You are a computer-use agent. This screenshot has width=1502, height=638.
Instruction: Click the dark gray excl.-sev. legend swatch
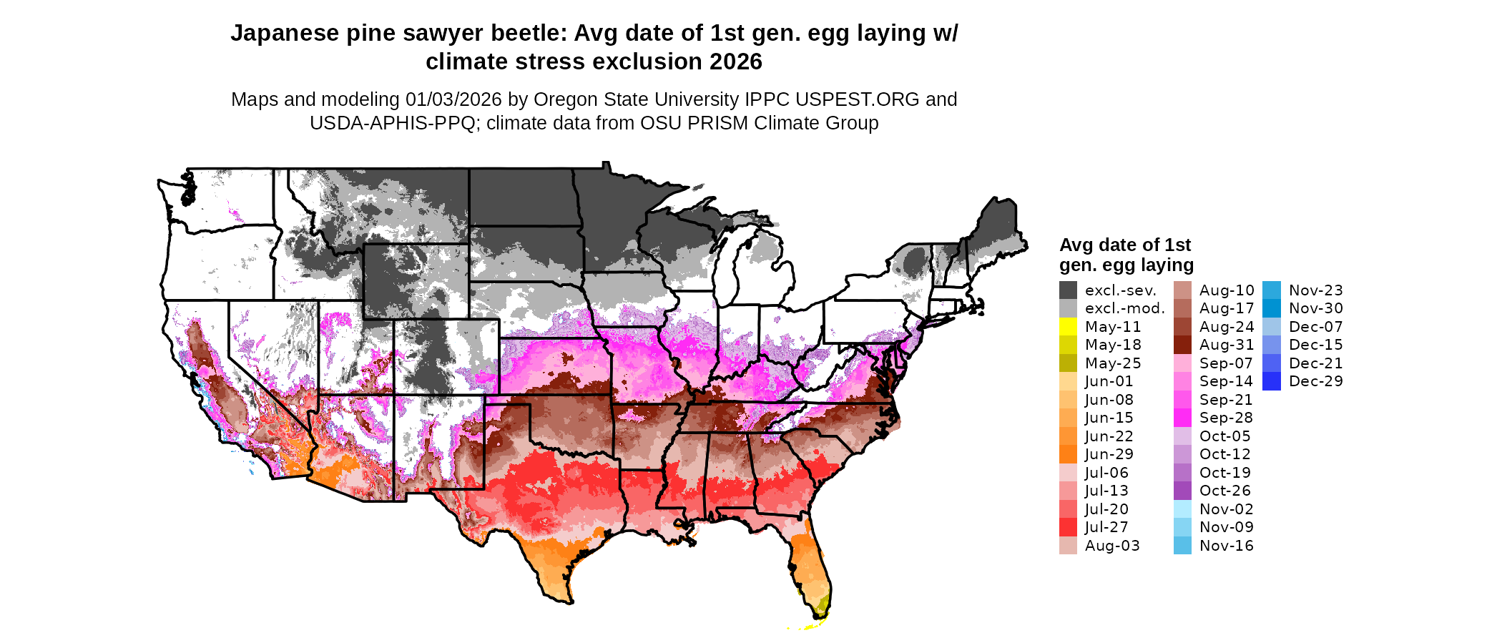tap(1068, 290)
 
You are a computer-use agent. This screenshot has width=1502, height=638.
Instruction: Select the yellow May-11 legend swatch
tap(1068, 327)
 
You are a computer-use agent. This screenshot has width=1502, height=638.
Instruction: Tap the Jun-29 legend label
tap(1109, 454)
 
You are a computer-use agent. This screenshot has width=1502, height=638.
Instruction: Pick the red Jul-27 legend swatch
tap(1068, 527)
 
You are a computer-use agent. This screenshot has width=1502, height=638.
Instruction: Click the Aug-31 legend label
tap(1227, 345)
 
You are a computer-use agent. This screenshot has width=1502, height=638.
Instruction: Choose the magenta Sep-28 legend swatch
tap(1182, 418)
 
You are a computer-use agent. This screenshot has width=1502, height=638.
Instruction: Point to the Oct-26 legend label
tap(1224, 491)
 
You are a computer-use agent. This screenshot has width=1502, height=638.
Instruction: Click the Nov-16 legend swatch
tap(1182, 546)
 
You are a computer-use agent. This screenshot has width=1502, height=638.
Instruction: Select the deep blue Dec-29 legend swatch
tap(1272, 381)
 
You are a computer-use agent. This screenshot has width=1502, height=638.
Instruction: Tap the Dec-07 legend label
tap(1316, 327)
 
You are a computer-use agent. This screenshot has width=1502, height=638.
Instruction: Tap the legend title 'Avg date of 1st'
tap(1124, 245)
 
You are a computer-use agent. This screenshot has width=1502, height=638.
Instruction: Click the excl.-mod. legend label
tap(1124, 308)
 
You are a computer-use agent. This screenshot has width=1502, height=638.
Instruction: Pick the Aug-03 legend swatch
tap(1068, 546)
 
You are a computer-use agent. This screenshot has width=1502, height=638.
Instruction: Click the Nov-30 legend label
tap(1316, 308)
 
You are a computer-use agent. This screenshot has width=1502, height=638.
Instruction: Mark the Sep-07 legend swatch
tap(1182, 363)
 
